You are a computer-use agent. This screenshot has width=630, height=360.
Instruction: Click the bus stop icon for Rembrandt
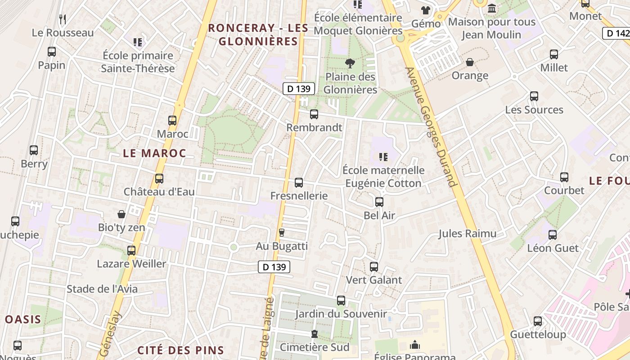(314, 114)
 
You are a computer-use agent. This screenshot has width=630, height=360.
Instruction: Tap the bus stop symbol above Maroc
(172, 121)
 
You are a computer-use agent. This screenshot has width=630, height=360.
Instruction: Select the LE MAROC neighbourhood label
(154, 153)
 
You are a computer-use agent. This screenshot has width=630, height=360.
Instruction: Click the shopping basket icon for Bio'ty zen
(121, 214)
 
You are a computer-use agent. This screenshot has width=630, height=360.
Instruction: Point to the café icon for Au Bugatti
(282, 233)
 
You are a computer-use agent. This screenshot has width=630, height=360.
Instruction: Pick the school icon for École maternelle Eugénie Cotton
(383, 157)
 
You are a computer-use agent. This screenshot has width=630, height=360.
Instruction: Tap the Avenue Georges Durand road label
(431, 127)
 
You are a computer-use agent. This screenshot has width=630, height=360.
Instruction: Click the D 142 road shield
(616, 33)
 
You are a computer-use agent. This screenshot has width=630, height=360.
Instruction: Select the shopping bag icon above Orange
(470, 62)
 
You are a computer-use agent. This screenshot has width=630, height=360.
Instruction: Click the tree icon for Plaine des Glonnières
(350, 63)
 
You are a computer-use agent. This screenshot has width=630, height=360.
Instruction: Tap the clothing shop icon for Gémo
(426, 10)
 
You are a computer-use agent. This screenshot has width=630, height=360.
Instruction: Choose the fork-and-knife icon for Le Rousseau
(63, 19)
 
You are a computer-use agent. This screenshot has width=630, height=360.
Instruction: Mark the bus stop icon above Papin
(52, 52)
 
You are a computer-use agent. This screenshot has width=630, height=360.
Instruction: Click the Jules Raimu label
(468, 233)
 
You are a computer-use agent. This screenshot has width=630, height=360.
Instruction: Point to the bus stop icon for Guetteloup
(538, 321)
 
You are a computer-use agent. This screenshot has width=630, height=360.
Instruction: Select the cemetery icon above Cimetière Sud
(314, 334)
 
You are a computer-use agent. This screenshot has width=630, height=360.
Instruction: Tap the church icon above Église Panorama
(415, 345)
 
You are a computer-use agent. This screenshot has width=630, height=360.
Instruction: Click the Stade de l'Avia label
(102, 289)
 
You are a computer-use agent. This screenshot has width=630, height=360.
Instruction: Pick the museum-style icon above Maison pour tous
(492, 9)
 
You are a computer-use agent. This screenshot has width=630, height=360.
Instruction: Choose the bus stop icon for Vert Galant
(374, 267)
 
